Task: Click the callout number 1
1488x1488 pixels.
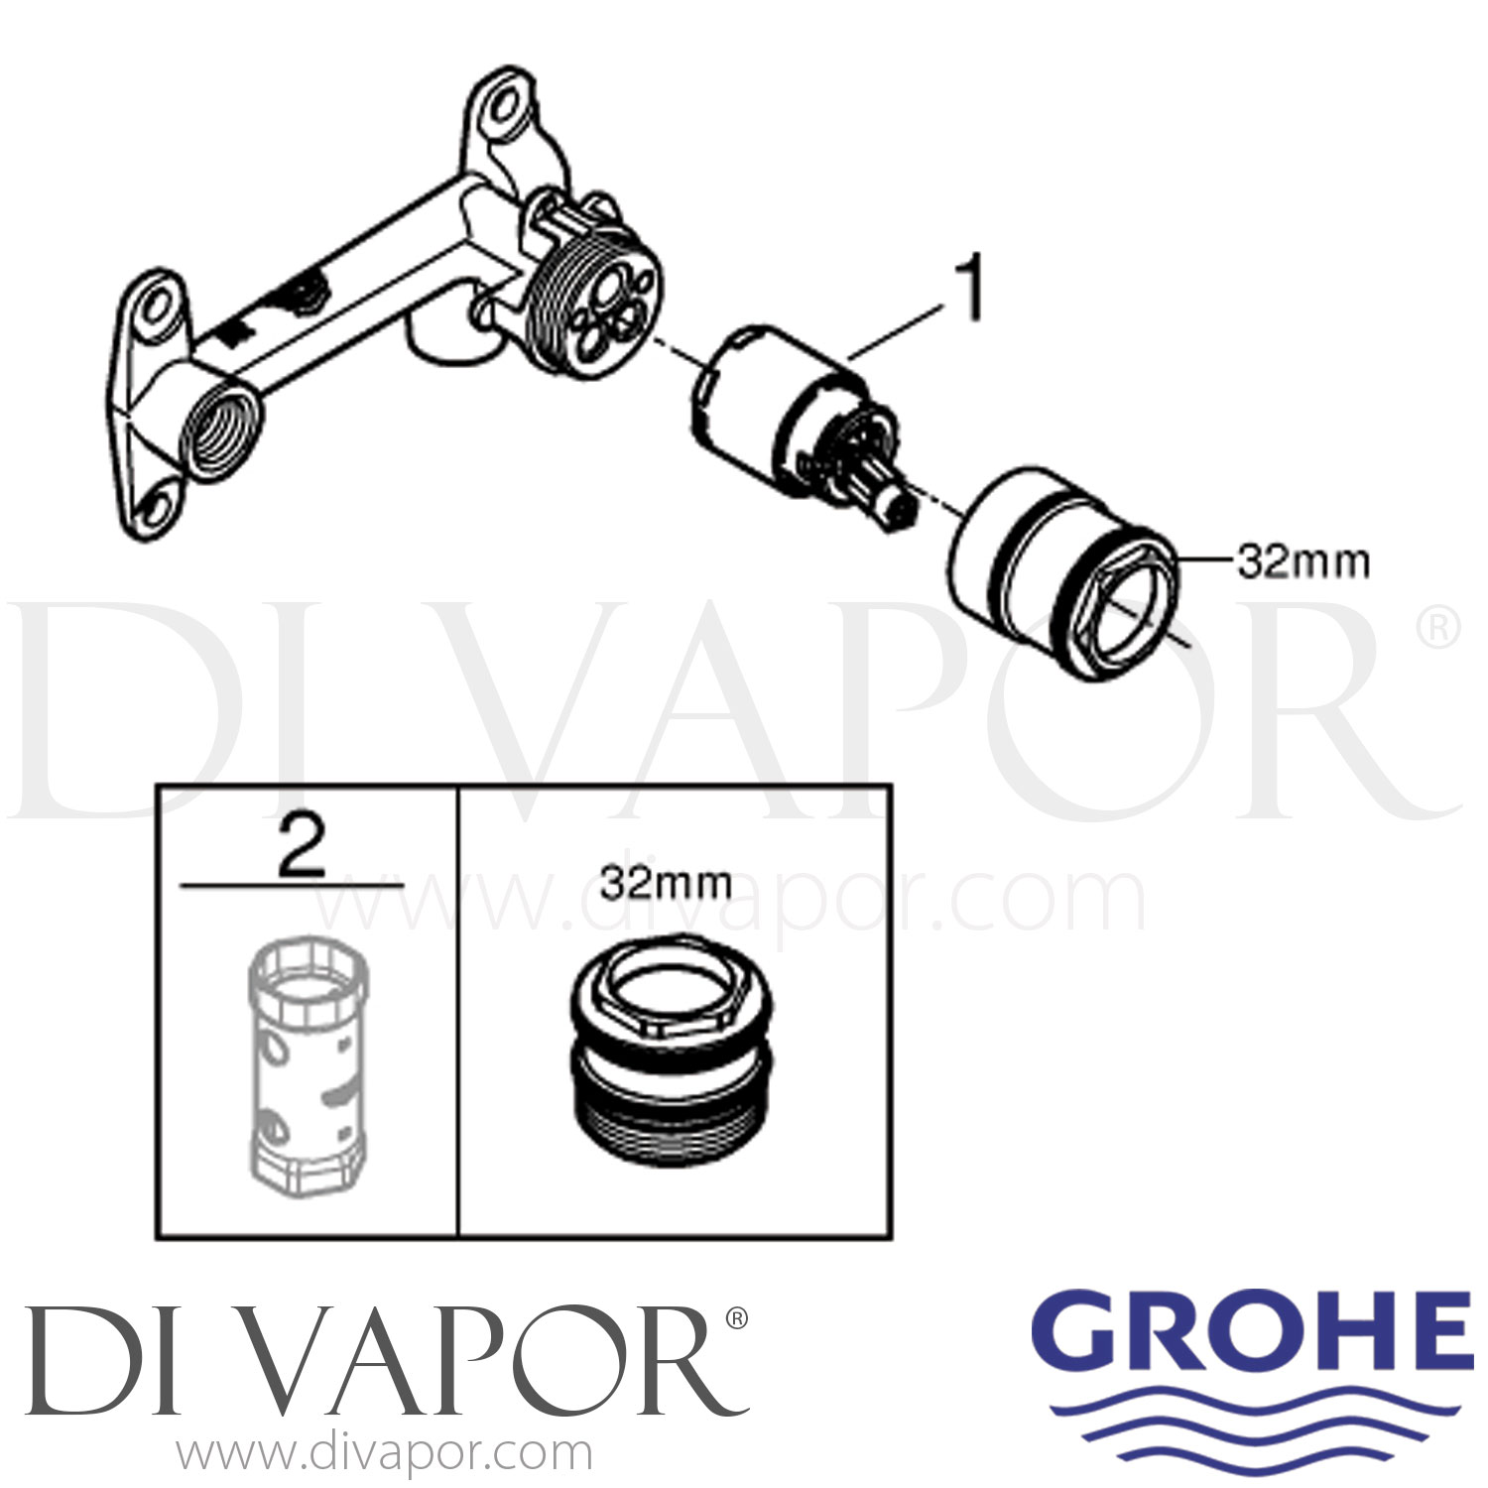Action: point(970,288)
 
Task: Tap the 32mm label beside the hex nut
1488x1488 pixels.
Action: point(1302,562)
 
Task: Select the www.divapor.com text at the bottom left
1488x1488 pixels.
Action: point(385,1454)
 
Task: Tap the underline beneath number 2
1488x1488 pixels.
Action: point(293,884)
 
